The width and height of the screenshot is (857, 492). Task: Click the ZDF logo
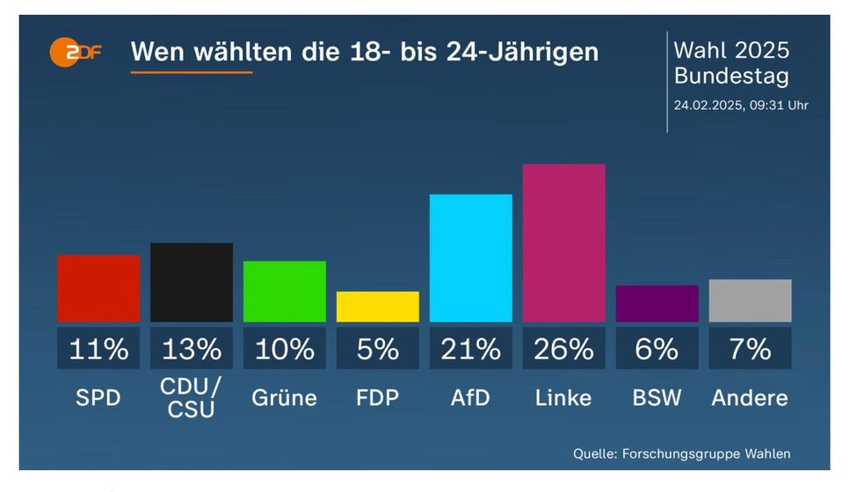[76, 53]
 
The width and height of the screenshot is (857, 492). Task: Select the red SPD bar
[98, 288]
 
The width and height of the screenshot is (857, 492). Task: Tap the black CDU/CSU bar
[192, 282]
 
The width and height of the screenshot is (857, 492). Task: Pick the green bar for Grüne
[285, 291]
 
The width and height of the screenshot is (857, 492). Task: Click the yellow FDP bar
[378, 307]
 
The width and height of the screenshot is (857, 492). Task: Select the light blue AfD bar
[471, 257]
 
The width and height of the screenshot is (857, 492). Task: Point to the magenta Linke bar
[564, 242]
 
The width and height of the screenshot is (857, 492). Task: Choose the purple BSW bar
[657, 303]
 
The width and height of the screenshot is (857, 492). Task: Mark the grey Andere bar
[750, 300]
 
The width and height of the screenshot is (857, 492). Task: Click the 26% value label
[564, 349]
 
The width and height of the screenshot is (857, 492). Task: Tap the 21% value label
[471, 349]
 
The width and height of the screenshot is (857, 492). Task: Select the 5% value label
[378, 349]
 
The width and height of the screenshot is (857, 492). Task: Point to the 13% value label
[192, 349]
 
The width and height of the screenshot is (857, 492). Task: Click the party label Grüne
[285, 397]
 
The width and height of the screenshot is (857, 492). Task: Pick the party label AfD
[471, 397]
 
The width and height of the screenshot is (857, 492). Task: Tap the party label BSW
[657, 397]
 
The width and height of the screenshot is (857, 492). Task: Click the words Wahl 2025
[731, 49]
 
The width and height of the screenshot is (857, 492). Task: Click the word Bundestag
[731, 76]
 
